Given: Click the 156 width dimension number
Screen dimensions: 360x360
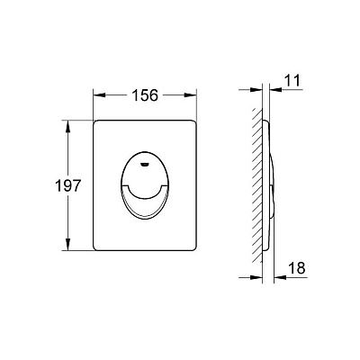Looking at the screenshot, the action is click(145, 95).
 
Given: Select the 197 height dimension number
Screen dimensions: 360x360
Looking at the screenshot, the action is click(68, 186).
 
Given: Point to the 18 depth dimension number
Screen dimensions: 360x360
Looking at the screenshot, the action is click(297, 268).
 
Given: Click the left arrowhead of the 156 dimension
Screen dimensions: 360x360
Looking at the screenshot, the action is click(99, 95).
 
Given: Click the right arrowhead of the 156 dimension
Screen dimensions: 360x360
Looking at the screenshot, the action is click(190, 95).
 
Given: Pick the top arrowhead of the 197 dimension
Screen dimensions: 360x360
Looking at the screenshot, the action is click(68, 126).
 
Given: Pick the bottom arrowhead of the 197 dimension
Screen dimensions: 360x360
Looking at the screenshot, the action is click(68, 244).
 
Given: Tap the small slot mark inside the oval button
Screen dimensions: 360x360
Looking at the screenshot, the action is click(145, 164).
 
